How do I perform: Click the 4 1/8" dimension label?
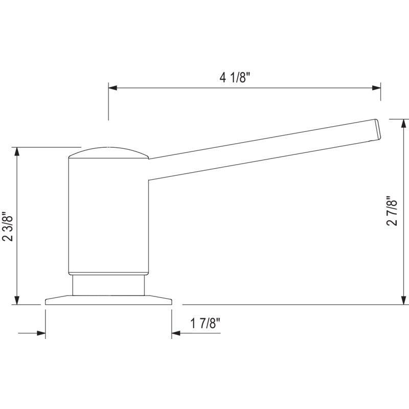(235, 77)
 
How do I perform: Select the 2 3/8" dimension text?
(8, 226)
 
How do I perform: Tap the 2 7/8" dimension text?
(392, 211)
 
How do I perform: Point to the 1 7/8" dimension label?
(206, 324)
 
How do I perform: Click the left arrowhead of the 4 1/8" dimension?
(112, 88)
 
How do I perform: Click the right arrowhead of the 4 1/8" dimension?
(376, 88)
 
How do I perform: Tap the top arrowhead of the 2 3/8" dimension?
(17, 151)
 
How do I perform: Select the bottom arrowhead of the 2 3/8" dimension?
(17, 300)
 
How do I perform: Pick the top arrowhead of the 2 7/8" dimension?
(404, 123)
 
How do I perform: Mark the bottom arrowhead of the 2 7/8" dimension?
(404, 300)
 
